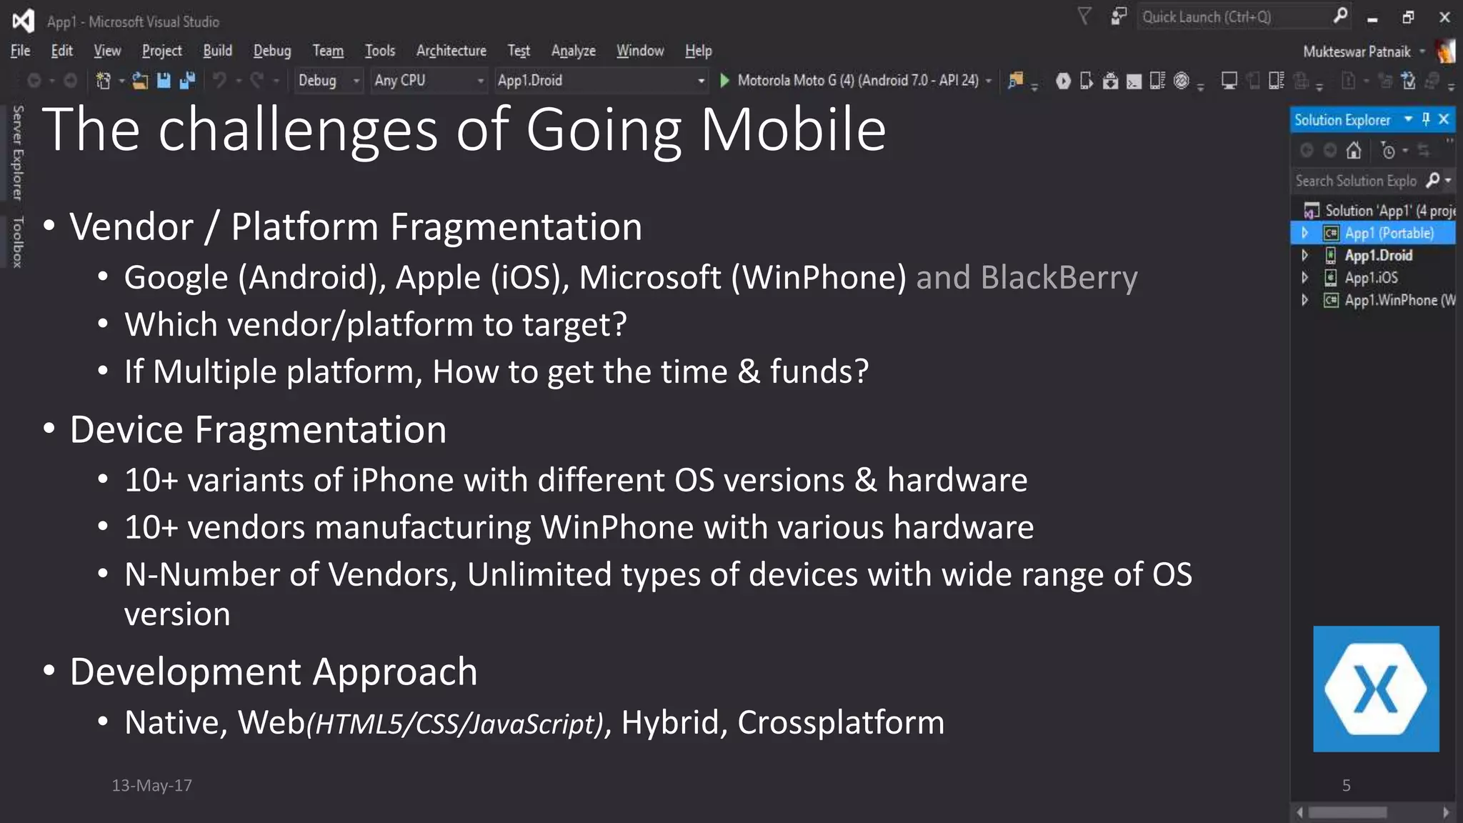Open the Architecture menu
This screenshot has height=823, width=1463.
point(451,51)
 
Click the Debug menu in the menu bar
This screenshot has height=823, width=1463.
point(272,51)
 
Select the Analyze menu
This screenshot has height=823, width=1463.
point(573,51)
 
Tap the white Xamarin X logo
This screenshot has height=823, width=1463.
point(1375,689)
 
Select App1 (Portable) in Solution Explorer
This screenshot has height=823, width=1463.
point(1389,233)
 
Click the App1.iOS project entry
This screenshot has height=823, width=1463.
point(1371,278)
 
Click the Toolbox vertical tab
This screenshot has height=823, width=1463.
point(18,242)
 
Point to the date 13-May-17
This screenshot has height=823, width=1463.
point(151,785)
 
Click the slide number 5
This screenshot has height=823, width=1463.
point(1346,786)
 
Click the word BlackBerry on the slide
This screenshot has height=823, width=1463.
point(1059,278)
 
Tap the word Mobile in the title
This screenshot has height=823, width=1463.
point(793,130)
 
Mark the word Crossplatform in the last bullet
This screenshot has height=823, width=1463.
point(841,722)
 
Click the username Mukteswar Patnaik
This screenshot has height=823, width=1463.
point(1356,51)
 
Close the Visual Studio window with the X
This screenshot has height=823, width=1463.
point(1444,17)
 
